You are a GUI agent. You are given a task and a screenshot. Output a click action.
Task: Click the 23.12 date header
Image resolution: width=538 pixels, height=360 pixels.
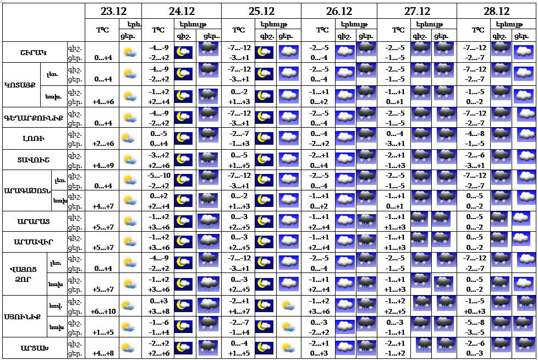click(113, 11)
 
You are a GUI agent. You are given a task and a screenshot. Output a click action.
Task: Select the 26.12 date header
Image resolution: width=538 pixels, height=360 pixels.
click(339, 11)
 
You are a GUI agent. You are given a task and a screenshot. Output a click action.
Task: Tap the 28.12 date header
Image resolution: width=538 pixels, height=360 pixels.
click(496, 11)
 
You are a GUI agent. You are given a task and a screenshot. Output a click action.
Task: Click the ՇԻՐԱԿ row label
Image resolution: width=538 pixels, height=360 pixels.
click(33, 53)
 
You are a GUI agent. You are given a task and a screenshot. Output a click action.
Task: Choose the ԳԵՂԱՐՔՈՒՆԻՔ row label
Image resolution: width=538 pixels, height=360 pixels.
click(33, 117)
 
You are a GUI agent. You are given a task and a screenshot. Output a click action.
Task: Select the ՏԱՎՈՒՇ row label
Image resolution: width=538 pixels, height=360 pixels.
click(33, 160)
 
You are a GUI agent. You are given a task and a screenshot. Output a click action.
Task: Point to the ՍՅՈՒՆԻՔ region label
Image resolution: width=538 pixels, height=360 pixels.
click(21, 317)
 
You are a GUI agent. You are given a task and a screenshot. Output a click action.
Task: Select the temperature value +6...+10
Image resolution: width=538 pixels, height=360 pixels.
click(102, 312)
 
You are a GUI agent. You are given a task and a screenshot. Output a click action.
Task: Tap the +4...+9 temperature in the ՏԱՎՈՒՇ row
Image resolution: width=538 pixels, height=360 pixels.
click(102, 165)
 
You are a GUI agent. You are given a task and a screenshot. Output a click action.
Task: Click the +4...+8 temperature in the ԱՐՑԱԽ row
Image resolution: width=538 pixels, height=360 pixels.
click(102, 353)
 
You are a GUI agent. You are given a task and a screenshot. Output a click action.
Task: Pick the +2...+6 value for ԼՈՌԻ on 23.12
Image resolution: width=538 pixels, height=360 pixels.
click(102, 144)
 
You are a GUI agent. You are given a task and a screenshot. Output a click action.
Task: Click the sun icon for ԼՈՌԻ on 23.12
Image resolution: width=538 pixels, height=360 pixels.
click(130, 139)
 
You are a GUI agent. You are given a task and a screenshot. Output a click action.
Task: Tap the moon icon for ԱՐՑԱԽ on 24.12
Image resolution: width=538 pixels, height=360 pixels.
click(183, 348)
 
